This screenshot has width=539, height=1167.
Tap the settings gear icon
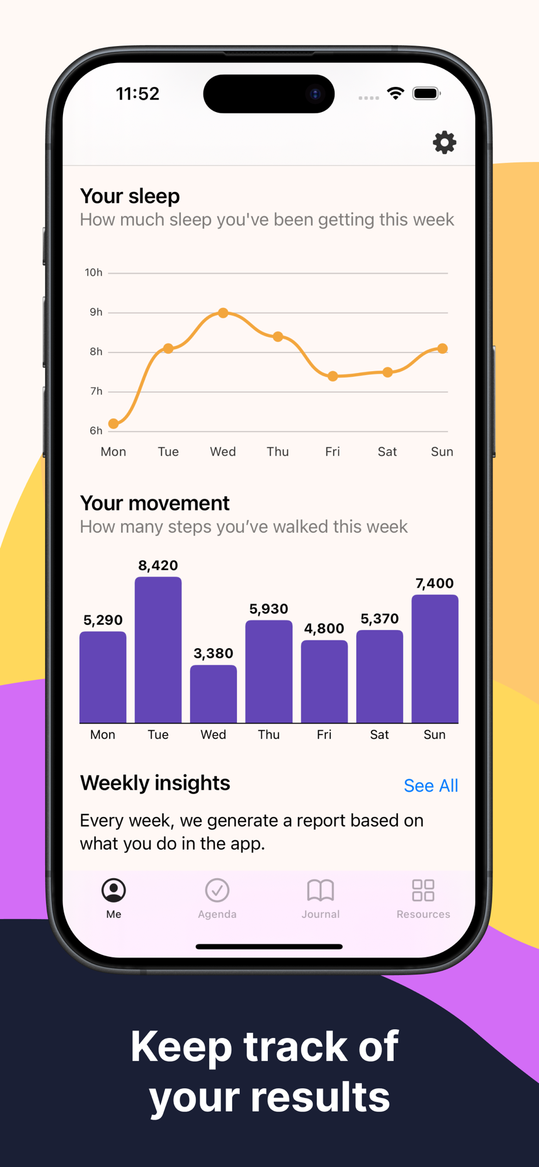pos(444,142)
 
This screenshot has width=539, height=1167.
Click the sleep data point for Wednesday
pos(223,313)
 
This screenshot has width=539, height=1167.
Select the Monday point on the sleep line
pos(114,424)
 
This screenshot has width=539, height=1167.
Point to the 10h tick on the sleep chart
pos(93,272)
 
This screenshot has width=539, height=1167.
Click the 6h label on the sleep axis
pos(96,431)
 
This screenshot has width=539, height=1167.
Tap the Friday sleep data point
pos(332,376)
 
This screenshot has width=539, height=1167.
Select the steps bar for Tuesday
pos(158,649)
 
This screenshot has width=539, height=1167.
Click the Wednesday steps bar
pos(213,694)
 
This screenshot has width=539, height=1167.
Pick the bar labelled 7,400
pos(435,658)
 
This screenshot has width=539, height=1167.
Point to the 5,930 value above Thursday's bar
pos(268,609)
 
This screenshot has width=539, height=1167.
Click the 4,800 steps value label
pos(324,628)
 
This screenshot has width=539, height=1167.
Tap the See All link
pos(430,786)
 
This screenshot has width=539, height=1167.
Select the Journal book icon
pos(320,890)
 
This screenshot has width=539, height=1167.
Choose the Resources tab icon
pos(423,890)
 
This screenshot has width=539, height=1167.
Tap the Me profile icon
pos(114,890)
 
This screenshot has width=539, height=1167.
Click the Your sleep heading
pos(129,196)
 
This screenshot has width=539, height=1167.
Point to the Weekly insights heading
pos(155,783)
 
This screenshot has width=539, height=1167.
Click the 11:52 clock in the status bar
pos(138,93)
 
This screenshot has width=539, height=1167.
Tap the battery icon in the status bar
pos(426,93)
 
